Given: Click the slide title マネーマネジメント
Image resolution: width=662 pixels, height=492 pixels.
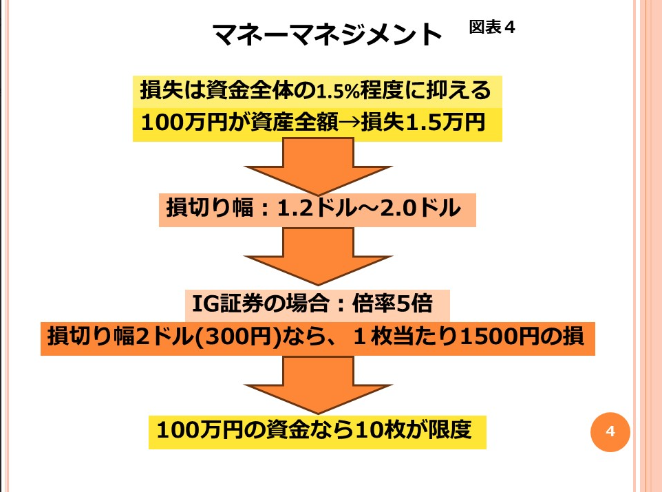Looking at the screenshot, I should point(327,34).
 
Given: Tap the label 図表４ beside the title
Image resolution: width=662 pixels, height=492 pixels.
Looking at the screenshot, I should point(492,27).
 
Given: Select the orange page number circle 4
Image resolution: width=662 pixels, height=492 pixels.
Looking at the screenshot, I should point(610,431).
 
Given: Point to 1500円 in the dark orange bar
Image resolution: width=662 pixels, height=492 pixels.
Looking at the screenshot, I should point(504,336).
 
